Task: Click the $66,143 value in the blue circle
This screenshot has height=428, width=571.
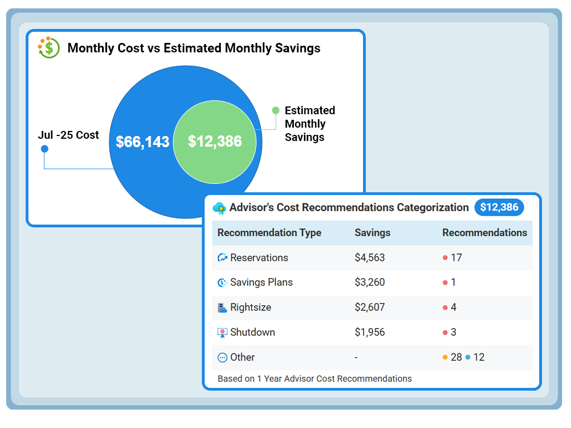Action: coord(142,142)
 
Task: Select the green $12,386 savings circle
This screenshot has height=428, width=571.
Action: coord(215,142)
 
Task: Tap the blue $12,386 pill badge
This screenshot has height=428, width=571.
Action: coord(499,207)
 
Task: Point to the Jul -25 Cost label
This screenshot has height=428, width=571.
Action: coord(69,135)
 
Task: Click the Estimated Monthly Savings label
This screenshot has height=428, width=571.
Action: coord(309,124)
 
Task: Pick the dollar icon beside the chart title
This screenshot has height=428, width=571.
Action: coord(49,48)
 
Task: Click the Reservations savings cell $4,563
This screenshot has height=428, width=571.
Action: coord(370,257)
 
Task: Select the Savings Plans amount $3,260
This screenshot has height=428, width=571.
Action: coord(370,283)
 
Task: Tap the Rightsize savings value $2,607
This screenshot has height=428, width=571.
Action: coord(370,307)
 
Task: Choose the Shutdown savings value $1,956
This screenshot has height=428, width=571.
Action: coord(370,332)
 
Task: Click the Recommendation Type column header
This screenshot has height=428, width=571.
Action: coord(269,233)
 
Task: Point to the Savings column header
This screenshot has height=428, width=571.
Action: coord(372,233)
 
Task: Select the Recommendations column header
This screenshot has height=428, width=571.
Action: coord(485,233)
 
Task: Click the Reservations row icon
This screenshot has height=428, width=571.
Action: coord(222,257)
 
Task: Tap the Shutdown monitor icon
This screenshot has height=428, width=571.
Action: coord(222,332)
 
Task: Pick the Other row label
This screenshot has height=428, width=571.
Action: coord(243,357)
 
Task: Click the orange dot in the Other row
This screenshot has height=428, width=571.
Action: coord(445,357)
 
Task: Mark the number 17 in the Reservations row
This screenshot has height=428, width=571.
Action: coord(456,257)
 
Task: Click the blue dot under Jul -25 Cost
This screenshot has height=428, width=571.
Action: coord(45,148)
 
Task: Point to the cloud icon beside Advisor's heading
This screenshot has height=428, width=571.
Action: coord(220,208)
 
